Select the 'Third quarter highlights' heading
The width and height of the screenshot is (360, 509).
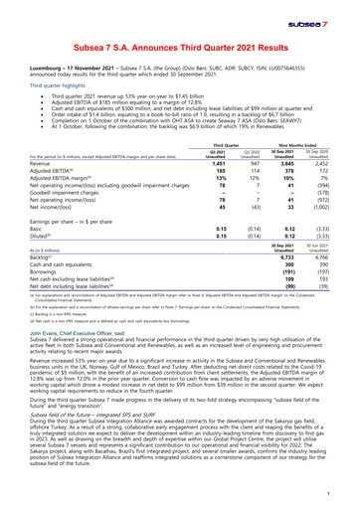click(58, 86)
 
